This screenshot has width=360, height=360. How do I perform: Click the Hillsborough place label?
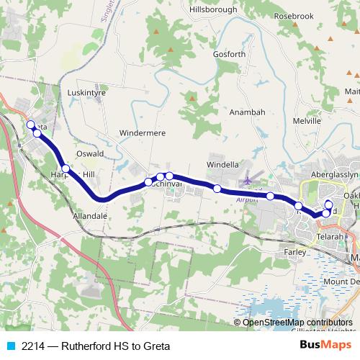[212, 9]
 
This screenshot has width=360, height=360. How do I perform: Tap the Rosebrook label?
[294, 16]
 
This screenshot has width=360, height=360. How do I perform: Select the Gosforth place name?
[230, 54]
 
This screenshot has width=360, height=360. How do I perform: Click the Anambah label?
[247, 112]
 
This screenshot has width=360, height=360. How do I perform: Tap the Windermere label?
[143, 133]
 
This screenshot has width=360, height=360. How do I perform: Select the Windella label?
[222, 165]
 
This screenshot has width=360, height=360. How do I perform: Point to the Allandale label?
[90, 215]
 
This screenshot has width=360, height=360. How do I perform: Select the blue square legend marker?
[10, 346]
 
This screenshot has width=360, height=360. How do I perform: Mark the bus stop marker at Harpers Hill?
[66, 168]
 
